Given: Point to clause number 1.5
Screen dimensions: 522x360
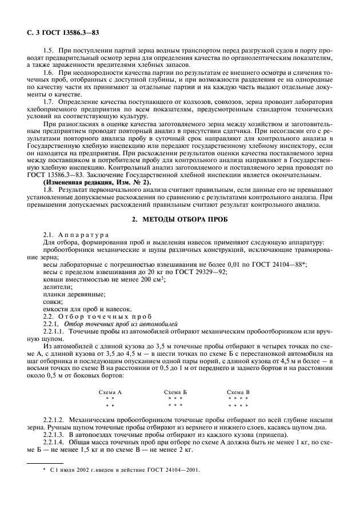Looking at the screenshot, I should pyautogui.click(x=48, y=51).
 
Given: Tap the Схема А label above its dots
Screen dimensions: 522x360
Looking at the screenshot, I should pyautogui.click(x=110, y=392).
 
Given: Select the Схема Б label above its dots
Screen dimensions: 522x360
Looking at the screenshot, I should pyautogui.click(x=175, y=392).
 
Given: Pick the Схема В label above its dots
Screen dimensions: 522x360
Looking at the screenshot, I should pyautogui.click(x=238, y=392).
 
